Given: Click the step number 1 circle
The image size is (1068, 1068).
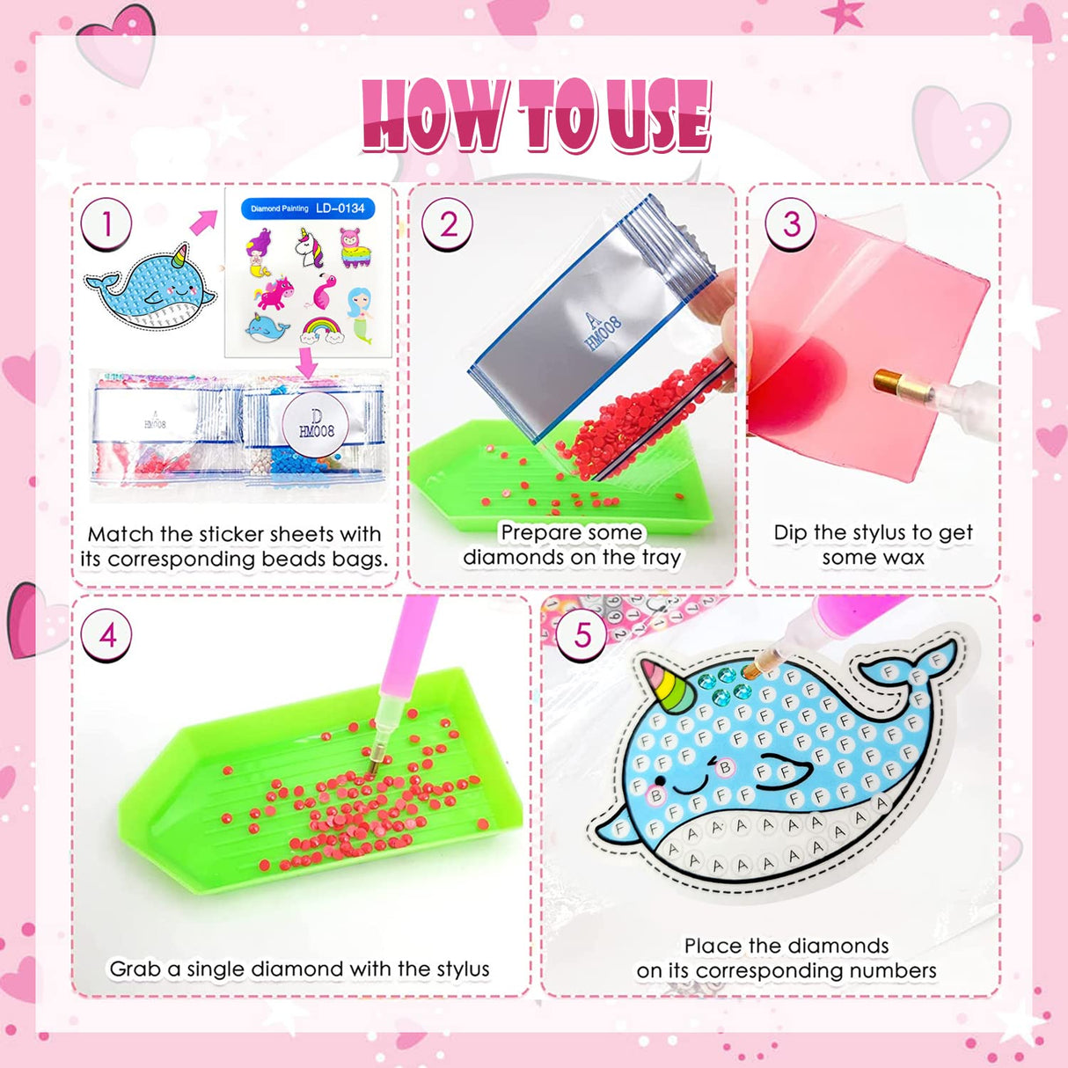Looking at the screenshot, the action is click(106, 224).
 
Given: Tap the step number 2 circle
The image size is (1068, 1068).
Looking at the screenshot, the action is click(447, 224).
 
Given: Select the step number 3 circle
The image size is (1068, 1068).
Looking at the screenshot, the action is click(791, 223).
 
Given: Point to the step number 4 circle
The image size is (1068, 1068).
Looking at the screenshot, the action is click(106, 634).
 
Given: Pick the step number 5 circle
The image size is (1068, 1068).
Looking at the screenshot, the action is click(582, 634).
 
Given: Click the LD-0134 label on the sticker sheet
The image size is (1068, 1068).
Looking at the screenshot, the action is click(340, 208).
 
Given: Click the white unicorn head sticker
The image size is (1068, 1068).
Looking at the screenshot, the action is click(309, 248).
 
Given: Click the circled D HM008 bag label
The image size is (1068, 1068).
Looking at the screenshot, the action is click(315, 424).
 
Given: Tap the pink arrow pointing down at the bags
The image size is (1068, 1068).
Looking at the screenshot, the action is click(306, 362).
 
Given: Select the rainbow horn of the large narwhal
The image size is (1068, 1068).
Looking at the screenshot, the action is click(668, 684).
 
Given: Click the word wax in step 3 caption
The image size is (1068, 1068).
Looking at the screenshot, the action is click(901, 558).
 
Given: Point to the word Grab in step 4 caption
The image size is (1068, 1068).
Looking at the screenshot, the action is click(136, 969).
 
